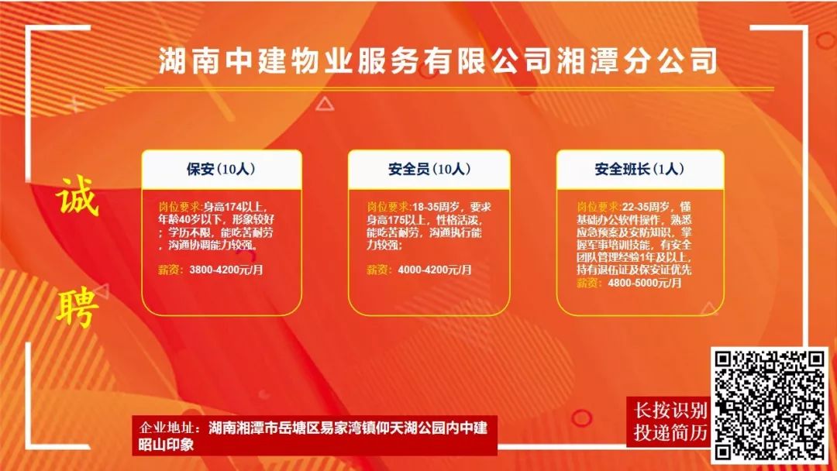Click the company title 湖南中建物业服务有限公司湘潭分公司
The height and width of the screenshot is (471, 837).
coord(437,60)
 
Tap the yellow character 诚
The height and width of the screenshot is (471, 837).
coord(77,196)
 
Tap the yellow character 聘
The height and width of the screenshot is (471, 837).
coord(77,307)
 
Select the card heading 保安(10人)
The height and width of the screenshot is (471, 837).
coord(221,169)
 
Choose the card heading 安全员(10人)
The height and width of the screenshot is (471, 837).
coord(429,169)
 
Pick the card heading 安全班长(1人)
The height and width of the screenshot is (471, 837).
coord(639,169)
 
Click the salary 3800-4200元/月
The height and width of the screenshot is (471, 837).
coord(226,270)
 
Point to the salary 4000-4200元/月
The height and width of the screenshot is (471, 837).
coord(435,270)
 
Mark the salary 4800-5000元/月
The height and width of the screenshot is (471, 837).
coord(645,283)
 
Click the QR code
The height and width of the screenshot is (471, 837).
coord(770,405)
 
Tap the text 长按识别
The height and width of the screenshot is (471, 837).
coord(670,411)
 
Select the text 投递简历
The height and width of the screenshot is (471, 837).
coord(670,432)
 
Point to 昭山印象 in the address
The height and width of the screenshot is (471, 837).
coord(166,445)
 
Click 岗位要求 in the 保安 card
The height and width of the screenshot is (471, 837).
coord(179,206)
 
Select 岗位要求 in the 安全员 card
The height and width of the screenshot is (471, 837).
coord(388,206)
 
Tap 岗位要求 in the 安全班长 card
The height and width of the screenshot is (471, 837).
coord(598,206)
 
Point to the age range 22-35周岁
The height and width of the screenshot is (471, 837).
coord(646,206)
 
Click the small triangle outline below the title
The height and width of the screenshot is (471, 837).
coord(324,104)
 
